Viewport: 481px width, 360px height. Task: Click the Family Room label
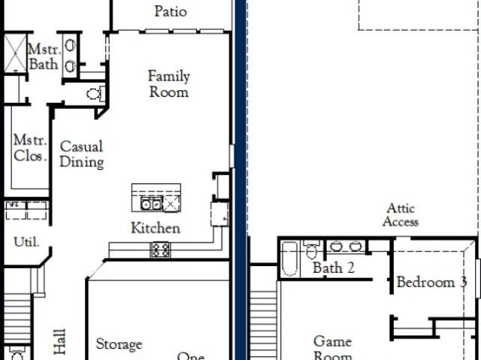168,84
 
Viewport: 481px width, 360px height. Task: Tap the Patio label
171,11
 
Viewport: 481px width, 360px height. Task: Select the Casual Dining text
82,154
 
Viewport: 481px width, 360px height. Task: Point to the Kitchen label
156,228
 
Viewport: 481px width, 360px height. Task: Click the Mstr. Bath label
44,56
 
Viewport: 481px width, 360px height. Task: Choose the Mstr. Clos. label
30,148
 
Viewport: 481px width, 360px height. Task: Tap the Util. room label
26,242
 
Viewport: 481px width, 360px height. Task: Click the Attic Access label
401,215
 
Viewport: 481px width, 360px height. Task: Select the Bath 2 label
334,268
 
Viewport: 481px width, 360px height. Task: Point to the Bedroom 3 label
432,282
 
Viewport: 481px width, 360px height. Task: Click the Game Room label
333,348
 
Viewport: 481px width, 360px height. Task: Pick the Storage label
119,344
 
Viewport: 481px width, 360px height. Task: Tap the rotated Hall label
59,341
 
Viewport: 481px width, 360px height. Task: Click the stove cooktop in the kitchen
160,250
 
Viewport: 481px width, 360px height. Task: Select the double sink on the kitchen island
151,204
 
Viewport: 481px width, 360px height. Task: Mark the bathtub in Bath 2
289,259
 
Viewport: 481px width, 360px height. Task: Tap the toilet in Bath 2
311,250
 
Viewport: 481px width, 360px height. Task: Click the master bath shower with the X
15,53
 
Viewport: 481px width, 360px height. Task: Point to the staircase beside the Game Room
264,325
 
